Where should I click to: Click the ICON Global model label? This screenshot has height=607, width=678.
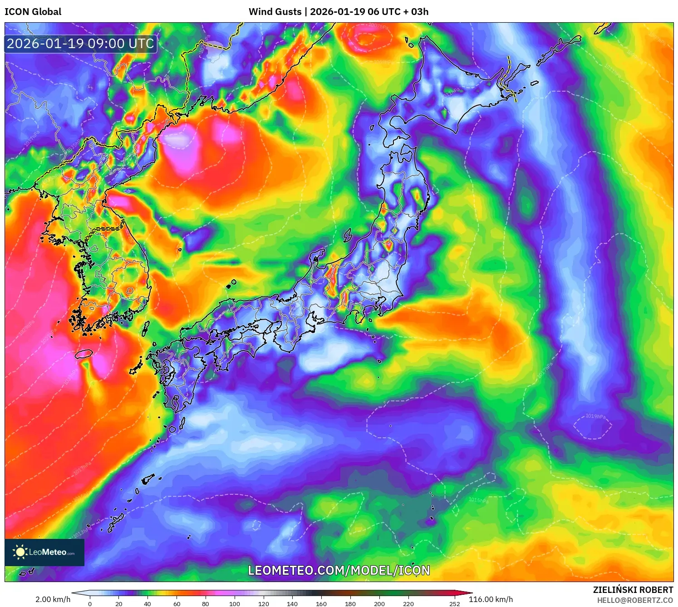(33, 12)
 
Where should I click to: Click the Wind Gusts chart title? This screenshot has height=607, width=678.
(338, 12)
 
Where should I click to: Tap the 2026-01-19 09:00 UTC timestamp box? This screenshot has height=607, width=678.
(80, 44)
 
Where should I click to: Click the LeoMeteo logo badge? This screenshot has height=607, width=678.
(44, 552)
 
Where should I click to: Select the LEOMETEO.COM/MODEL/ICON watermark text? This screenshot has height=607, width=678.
(339, 570)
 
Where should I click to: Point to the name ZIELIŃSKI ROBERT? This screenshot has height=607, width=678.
(633, 590)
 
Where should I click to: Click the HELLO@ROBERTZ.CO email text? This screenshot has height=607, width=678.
(634, 600)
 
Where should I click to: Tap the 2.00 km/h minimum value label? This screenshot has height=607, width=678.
(53, 599)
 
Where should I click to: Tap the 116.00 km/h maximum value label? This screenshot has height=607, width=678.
(491, 599)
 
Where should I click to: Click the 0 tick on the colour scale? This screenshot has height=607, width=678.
(90, 604)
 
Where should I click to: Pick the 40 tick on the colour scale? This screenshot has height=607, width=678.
(147, 604)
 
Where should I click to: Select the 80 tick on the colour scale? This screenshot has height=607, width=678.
(206, 604)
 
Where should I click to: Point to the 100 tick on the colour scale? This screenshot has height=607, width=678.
(234, 604)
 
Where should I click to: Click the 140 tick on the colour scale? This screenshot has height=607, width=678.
(292, 604)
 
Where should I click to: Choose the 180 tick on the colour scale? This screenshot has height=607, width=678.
(350, 604)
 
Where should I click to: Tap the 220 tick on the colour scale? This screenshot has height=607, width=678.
(408, 604)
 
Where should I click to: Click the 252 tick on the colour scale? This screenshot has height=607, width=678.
(454, 604)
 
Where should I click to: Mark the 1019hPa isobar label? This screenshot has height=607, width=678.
(595, 416)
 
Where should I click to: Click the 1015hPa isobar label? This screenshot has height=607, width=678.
(478, 500)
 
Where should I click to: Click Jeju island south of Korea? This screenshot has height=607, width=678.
(84, 354)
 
